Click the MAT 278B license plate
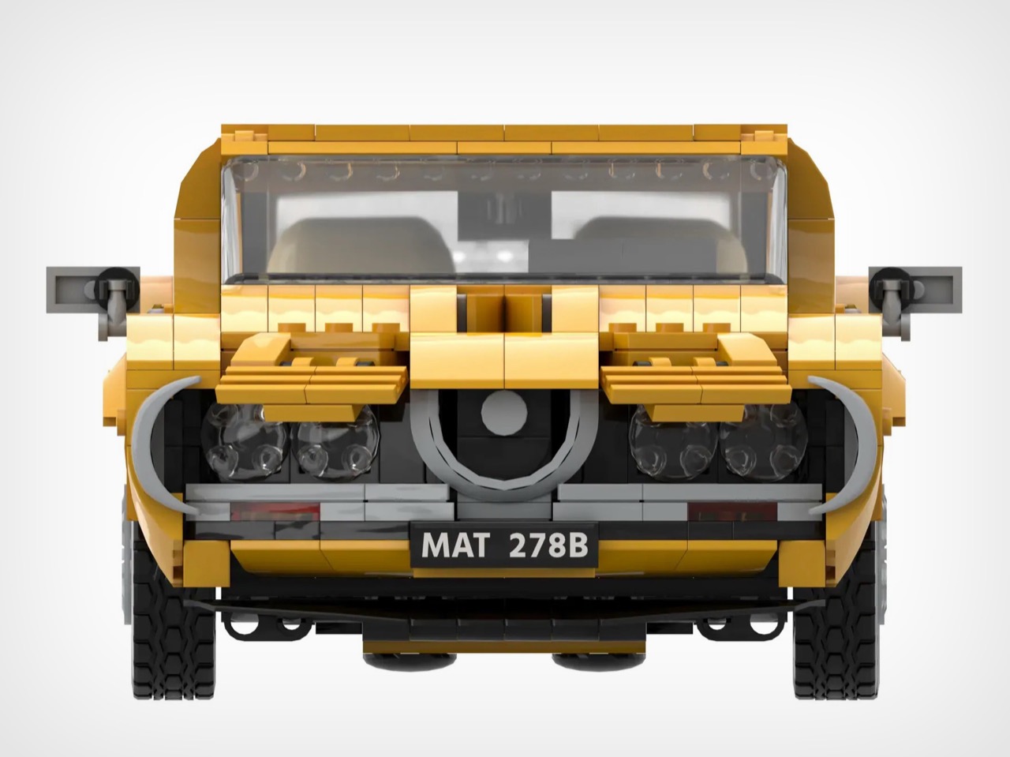point(504,545)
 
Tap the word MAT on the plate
point(455,545)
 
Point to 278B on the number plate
point(548,545)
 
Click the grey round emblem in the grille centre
point(504,412)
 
